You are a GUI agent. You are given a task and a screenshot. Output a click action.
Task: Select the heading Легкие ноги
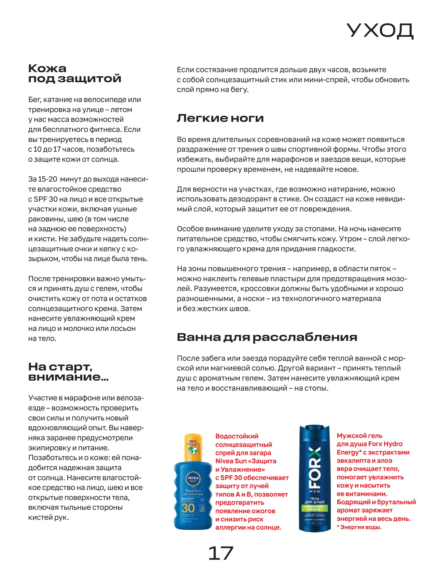(220, 118)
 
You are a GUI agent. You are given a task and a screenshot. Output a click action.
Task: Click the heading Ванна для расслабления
(267, 337)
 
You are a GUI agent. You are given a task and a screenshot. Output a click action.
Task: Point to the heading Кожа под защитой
(75, 73)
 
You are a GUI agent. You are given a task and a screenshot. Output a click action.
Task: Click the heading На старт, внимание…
(68, 372)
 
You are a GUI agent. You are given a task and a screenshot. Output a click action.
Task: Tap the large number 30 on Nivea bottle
(188, 508)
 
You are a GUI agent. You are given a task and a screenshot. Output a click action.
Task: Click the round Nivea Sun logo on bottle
(193, 479)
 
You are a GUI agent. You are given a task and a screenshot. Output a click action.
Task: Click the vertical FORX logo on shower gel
(315, 467)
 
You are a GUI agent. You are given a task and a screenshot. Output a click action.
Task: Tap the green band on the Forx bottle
(315, 508)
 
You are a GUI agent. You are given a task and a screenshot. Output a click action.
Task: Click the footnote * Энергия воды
(359, 527)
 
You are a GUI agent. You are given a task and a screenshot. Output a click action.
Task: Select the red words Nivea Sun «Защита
(246, 461)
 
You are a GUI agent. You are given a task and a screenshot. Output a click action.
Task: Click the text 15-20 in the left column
(48, 179)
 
